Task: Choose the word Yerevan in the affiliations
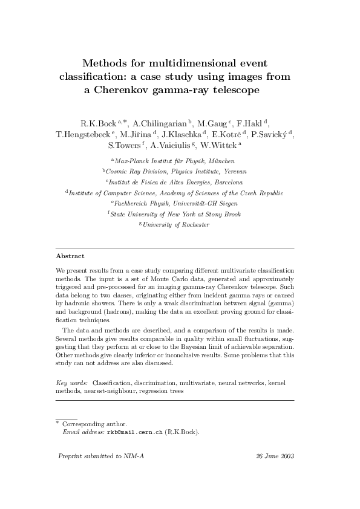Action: (x=232, y=172)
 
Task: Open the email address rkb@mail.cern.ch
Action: (x=135, y=433)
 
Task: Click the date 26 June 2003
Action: (x=275, y=456)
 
